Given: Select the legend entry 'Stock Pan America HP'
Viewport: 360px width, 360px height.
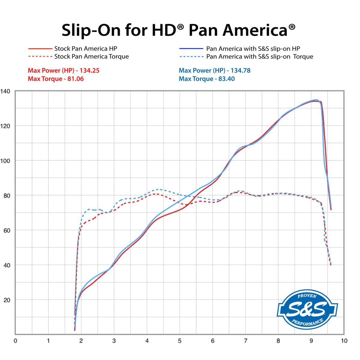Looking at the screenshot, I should (x=85, y=49).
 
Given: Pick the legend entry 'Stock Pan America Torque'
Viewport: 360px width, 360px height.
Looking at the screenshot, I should (x=91, y=56).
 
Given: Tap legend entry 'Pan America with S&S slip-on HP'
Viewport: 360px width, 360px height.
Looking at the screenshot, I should (x=253, y=49).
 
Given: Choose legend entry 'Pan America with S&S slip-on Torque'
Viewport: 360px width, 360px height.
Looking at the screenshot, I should (x=259, y=56).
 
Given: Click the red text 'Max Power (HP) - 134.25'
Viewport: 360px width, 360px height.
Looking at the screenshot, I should (x=64, y=70).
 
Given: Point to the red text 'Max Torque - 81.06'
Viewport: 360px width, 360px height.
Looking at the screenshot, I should (x=56, y=79).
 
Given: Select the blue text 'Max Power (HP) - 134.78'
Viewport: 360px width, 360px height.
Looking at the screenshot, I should (x=214, y=70).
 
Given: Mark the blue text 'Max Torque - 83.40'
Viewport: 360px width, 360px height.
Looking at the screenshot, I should (x=207, y=79).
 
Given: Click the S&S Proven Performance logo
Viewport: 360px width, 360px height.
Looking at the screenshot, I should (x=307, y=309).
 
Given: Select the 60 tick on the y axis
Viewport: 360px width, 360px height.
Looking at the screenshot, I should (x=7, y=230).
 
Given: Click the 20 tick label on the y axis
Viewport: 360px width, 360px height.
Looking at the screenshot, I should (x=7, y=300).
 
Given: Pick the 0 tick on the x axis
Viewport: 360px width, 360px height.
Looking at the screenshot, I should (x=16, y=341).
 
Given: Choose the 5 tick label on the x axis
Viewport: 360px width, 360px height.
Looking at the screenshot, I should (x=180, y=341).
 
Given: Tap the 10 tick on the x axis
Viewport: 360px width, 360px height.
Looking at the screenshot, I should (x=344, y=341).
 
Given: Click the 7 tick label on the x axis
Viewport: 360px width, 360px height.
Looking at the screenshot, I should (x=245, y=341).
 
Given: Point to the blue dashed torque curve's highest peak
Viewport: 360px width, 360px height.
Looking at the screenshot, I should (x=158, y=189).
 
